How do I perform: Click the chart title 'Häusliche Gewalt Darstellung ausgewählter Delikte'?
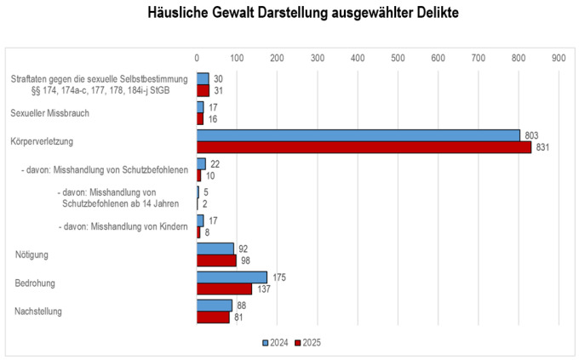[289, 14]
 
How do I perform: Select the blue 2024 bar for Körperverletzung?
[358, 135]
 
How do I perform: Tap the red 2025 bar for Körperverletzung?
[364, 146]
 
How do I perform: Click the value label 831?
[544, 147]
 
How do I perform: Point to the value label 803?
[533, 135]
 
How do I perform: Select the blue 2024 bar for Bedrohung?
[232, 277]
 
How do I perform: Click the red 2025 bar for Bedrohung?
[224, 289]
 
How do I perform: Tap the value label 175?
[278, 277]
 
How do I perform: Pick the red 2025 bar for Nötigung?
[216, 260]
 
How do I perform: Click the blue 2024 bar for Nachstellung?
[215, 306]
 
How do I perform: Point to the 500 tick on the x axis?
[398, 58]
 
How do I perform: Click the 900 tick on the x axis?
[559, 58]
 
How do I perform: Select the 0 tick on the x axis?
[197, 58]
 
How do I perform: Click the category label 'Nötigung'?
[33, 255]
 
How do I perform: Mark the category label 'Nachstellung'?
[38, 311]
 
